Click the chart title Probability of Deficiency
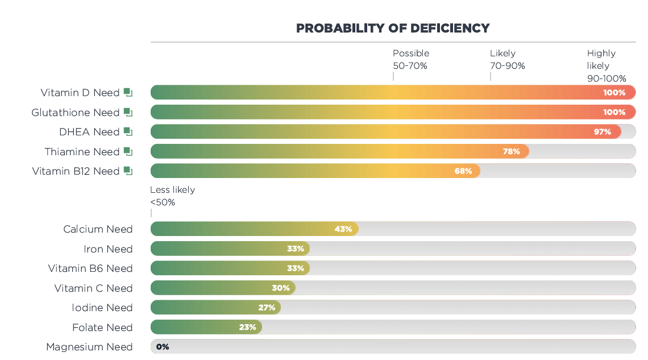click(x=393, y=28)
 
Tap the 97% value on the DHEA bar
click(x=603, y=132)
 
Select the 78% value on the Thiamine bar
click(x=512, y=151)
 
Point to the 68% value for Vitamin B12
click(x=463, y=171)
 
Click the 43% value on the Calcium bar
click(x=343, y=229)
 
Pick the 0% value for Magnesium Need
click(x=163, y=347)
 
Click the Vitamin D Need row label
click(x=80, y=93)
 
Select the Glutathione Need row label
click(x=76, y=113)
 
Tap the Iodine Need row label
click(x=102, y=308)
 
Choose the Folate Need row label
click(x=102, y=328)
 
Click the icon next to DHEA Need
click(x=128, y=132)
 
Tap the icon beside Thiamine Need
click(x=128, y=151)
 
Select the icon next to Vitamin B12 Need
click(x=128, y=171)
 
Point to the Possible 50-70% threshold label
click(x=410, y=59)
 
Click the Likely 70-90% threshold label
click(x=507, y=59)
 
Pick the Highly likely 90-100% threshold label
click(x=606, y=65)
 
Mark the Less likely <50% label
click(x=172, y=196)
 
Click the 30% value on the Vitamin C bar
click(x=281, y=288)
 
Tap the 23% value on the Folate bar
click(x=247, y=328)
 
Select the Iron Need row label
click(x=108, y=249)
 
